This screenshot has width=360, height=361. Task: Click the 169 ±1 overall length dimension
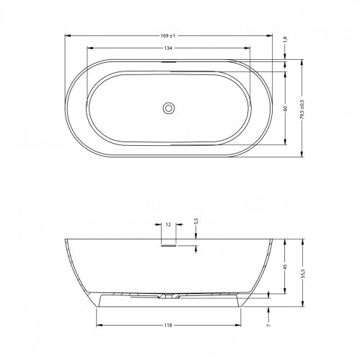point(168,36)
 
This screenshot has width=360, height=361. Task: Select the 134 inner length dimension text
point(168,48)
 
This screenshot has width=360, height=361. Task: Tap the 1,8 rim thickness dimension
point(285,39)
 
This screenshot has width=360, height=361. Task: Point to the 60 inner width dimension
point(285,108)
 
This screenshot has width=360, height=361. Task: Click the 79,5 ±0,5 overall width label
point(302,110)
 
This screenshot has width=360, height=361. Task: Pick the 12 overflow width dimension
point(168,225)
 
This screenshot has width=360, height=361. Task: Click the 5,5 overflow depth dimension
point(196,222)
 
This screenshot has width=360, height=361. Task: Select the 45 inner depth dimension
point(285,266)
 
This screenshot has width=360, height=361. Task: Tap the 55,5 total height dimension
point(302,274)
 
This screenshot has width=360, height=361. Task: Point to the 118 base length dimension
point(168,326)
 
